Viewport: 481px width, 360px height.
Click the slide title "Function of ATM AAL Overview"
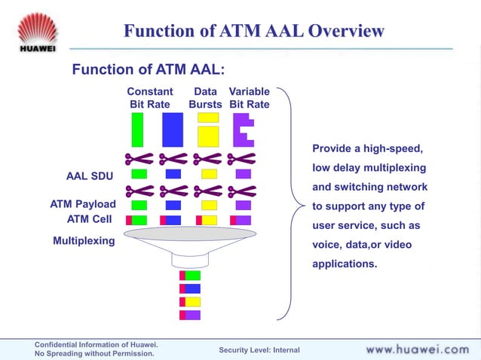coord(254,31)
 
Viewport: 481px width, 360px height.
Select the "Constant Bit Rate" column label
coord(149,98)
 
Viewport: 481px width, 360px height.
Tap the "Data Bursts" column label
coord(205,98)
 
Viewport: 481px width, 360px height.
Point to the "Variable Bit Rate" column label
coord(249,98)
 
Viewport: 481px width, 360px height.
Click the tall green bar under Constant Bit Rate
coord(137,130)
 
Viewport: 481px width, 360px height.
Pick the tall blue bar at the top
coord(173,130)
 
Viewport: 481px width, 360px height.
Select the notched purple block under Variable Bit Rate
coord(242,130)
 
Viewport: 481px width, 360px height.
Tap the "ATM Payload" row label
coord(83,204)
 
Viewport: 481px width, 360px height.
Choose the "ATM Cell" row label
coord(90,219)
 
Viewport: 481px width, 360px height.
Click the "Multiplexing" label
coord(84,241)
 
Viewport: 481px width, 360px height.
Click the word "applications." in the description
coord(345,264)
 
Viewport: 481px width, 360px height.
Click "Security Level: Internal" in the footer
coord(259,349)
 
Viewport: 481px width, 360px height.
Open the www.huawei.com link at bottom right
coord(417,349)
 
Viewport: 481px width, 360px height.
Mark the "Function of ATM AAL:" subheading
coord(149,70)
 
